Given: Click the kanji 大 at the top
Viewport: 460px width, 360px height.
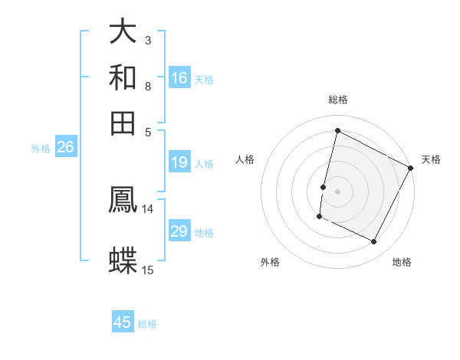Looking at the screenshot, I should point(123,31).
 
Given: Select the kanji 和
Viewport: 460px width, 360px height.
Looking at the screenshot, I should point(123,77).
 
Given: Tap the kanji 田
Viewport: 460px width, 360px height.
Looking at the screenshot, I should point(123,123).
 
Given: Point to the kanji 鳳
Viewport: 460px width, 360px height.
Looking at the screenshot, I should point(123,201).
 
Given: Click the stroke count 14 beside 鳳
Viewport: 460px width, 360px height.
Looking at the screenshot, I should point(148,209).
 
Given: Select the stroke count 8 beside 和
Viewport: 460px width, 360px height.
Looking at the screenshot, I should point(148,86).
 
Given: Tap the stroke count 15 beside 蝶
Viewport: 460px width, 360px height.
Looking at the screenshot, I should point(148,270).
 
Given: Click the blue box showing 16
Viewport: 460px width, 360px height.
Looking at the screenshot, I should point(179,77).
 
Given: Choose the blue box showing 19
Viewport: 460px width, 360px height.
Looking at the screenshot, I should point(179,162).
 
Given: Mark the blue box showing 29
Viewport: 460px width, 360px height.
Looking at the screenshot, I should point(179,231).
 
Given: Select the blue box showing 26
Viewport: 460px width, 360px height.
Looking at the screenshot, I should point(65,148).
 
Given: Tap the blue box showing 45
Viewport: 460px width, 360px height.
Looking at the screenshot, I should point(123,322).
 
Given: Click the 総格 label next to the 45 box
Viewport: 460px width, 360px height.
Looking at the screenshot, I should point(147,324).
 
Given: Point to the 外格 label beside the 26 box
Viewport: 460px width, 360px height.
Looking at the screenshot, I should point(41,149).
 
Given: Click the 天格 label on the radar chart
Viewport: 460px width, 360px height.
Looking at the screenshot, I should point(431,159).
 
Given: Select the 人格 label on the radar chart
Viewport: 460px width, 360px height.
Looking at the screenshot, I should point(245,159).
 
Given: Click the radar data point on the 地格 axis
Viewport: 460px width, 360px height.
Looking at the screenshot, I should point(374,242).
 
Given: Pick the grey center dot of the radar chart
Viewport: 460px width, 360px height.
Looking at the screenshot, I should point(338,191).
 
